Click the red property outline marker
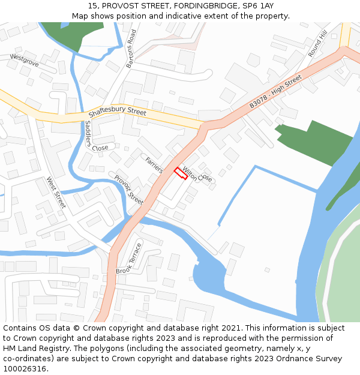click(181, 173)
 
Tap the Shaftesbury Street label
click(118, 112)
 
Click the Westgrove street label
click(24, 60)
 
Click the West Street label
click(56, 192)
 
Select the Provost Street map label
click(128, 190)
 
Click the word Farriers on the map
click(154, 164)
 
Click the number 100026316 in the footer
click(25, 368)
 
